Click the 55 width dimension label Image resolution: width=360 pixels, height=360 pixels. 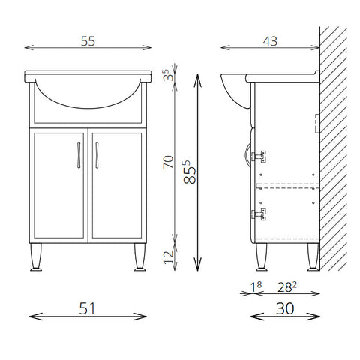click(x=88, y=41)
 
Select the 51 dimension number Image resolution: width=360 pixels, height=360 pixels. click(x=87, y=308)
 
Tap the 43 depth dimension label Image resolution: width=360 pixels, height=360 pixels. click(x=270, y=41)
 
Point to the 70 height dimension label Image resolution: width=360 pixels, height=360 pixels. click(x=168, y=162)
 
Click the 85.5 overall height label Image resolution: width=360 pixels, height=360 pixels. click(x=190, y=172)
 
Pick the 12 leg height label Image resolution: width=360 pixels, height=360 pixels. click(x=168, y=257)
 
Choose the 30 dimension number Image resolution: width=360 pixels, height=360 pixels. click(x=285, y=308)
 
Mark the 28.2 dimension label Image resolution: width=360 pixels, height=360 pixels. click(x=287, y=287)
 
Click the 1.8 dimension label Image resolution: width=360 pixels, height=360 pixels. click(x=256, y=287)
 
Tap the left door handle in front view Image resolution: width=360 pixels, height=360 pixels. click(x=79, y=155)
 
